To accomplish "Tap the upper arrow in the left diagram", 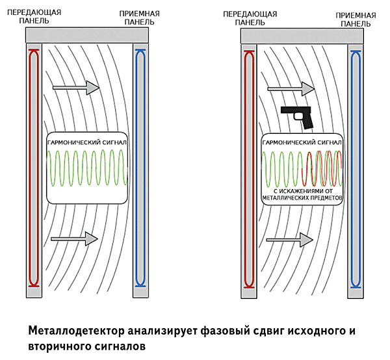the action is click(x=76, y=88).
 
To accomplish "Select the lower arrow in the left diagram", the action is click(x=74, y=238).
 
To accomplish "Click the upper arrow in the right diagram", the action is click(x=291, y=89).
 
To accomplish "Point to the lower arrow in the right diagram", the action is click(x=289, y=240).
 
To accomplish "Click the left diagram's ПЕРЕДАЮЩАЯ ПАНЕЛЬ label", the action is click(x=34, y=16).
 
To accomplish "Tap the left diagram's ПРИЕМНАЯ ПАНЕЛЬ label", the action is click(x=140, y=18).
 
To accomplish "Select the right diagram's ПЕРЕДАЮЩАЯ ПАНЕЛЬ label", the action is click(x=250, y=18).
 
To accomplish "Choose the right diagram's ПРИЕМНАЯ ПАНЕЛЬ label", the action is click(x=356, y=19).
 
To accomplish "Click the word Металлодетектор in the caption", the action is click(x=76, y=331).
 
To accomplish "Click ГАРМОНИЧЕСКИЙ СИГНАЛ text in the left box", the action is click(x=87, y=142).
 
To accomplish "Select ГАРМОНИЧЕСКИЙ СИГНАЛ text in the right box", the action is click(x=302, y=142).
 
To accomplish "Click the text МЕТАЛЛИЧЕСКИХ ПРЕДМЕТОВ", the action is click(x=302, y=198).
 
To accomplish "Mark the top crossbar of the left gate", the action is click(x=87, y=35).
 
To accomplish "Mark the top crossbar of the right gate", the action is click(x=302, y=36).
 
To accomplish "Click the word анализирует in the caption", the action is click(x=162, y=331).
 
